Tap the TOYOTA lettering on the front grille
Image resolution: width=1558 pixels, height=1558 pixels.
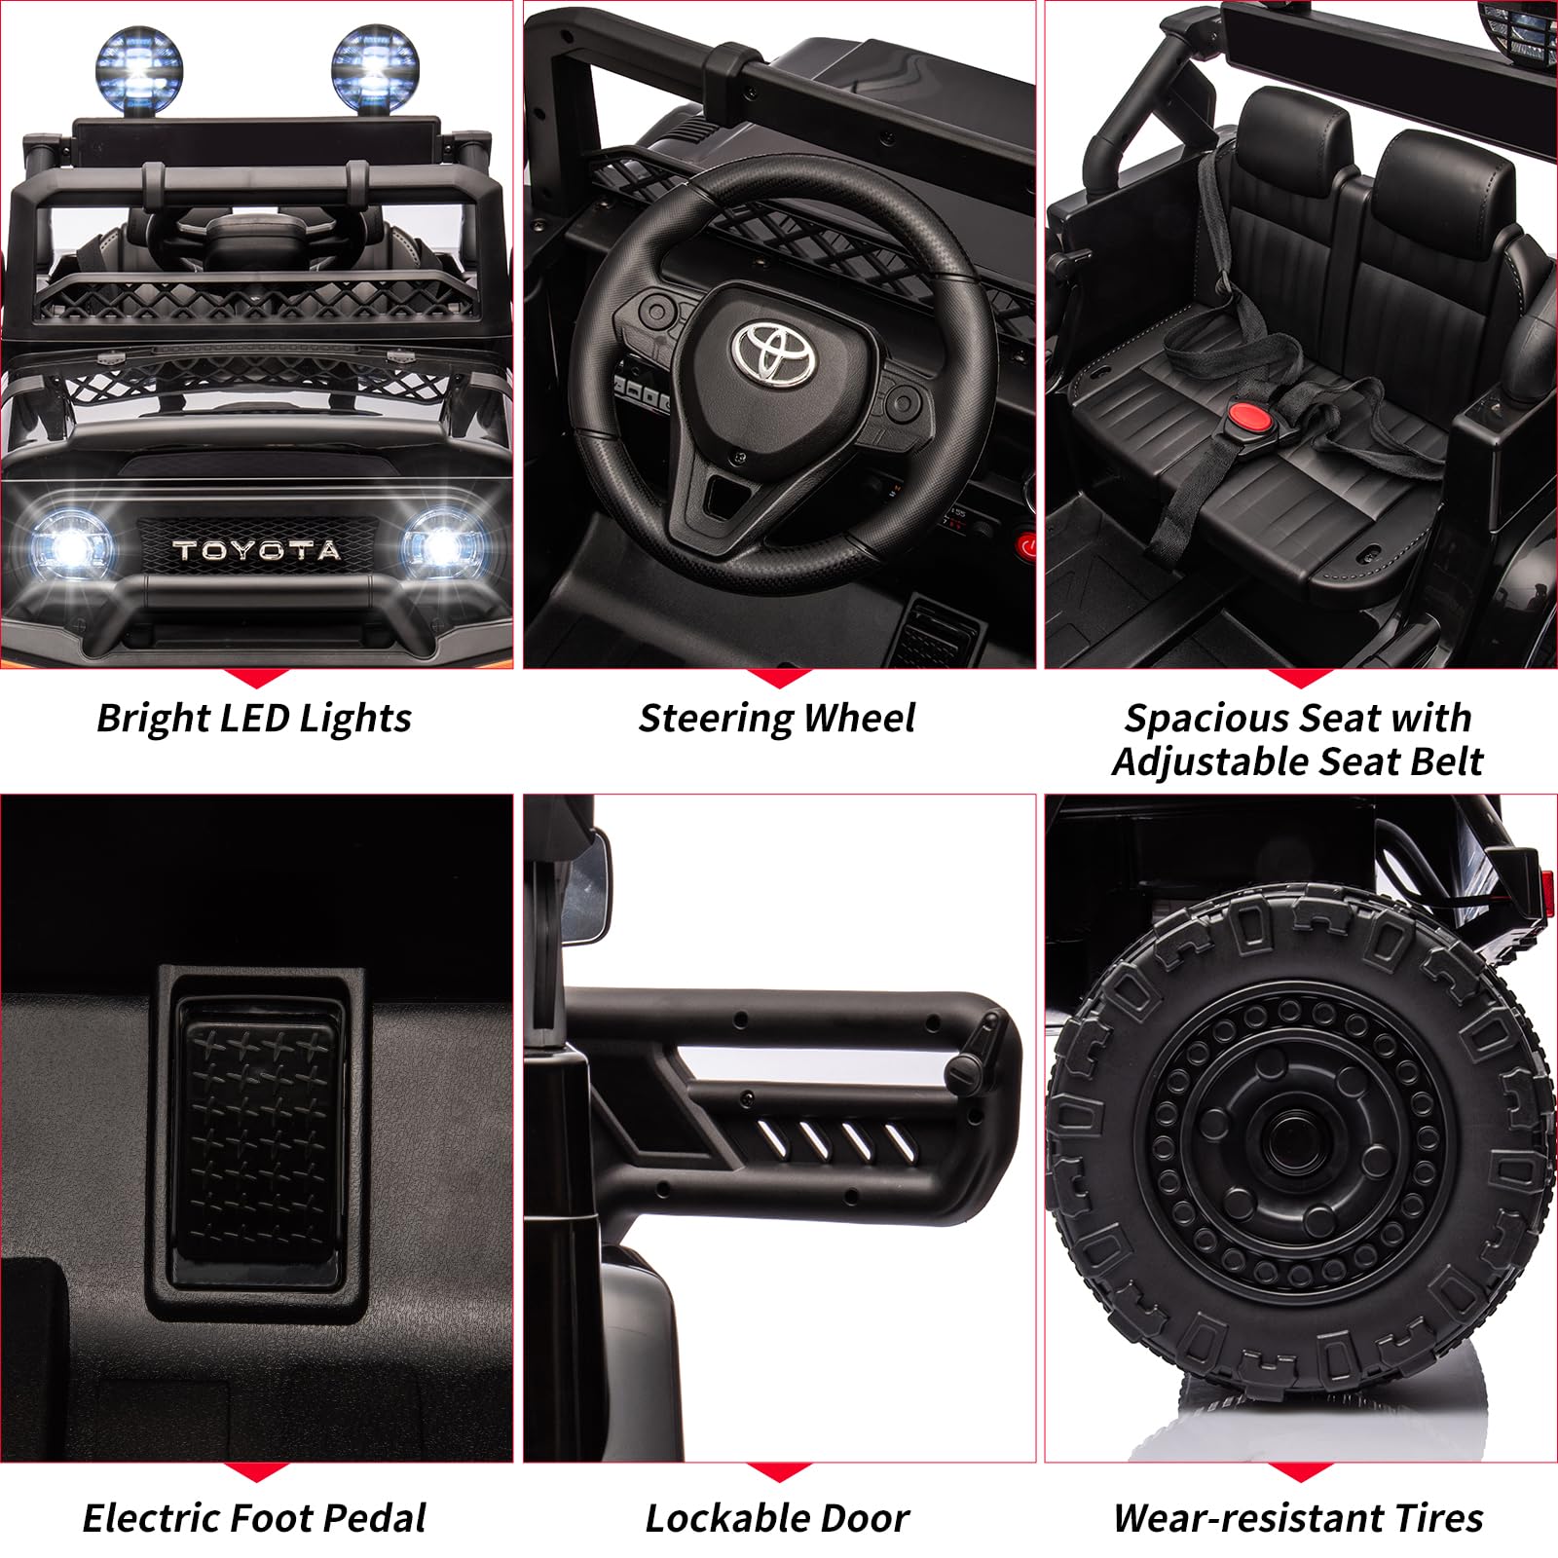tap(257, 550)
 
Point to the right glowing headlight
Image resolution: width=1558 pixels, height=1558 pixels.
tap(442, 545)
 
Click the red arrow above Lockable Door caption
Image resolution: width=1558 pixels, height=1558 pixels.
tap(778, 1473)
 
